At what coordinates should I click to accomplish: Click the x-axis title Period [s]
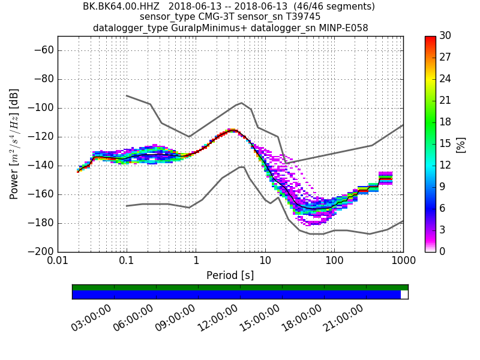[230, 275]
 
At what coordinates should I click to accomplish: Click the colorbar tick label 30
[445, 36]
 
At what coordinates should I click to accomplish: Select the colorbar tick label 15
[445, 143]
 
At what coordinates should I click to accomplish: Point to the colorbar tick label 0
[442, 251]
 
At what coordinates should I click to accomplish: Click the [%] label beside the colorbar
[461, 144]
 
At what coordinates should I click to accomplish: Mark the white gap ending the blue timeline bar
[404, 295]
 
